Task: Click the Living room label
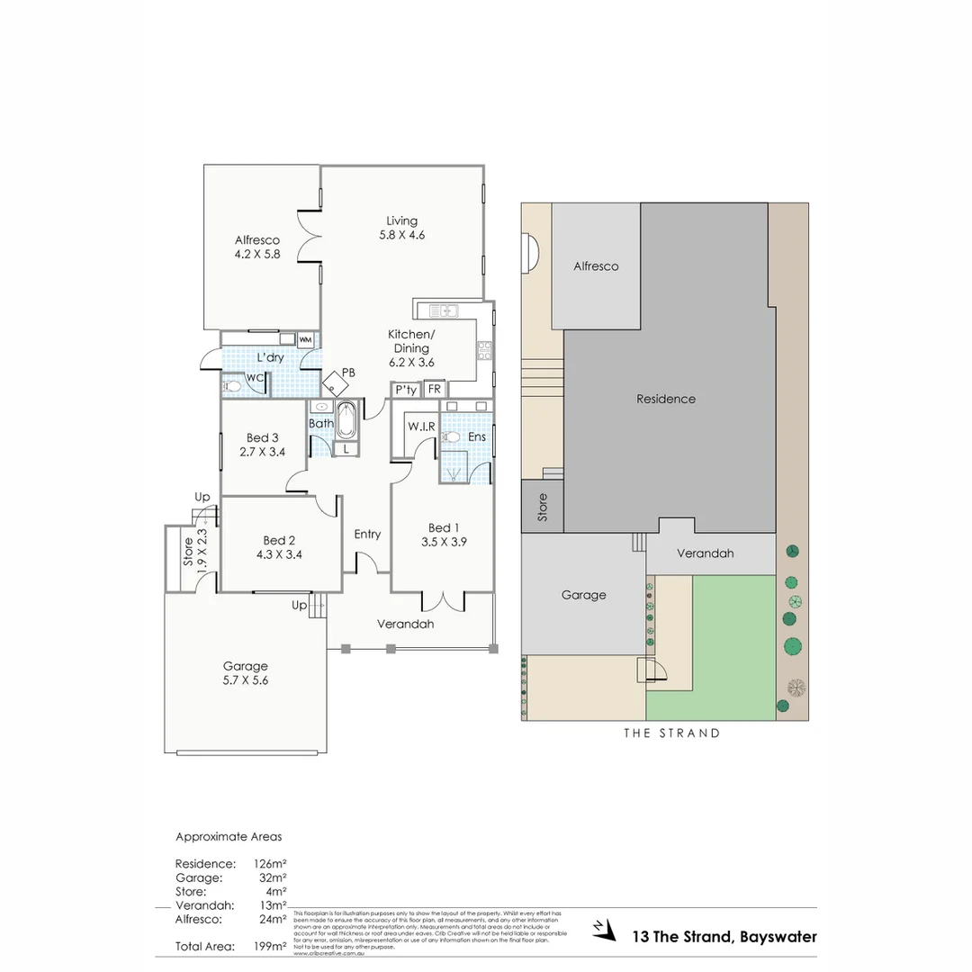[402, 220]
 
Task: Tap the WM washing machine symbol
[305, 339]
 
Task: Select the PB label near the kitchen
[348, 371]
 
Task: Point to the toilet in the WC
[232, 387]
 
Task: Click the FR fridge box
[434, 390]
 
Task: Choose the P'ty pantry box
[405, 390]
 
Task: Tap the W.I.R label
[421, 426]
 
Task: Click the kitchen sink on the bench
[445, 311]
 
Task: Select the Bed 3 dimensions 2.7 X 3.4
[263, 452]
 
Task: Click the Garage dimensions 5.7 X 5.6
[246, 680]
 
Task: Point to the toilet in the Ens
[453, 437]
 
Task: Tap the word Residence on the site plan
[666, 399]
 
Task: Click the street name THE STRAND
[672, 733]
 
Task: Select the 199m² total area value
[270, 946]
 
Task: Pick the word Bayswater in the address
[778, 937]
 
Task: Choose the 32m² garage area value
[272, 877]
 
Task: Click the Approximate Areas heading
[228, 836]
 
